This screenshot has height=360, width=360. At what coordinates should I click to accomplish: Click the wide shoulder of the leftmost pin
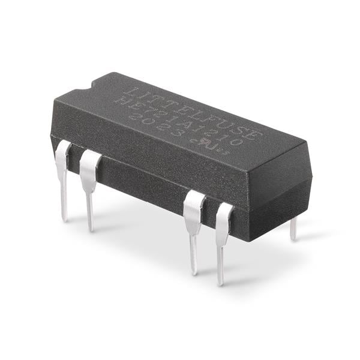click(x=62, y=158)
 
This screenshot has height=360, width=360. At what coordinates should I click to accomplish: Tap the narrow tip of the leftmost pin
click(x=64, y=213)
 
